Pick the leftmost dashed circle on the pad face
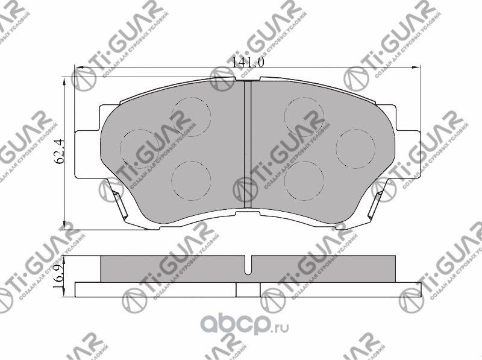click(140, 147)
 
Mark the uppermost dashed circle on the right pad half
click(304, 116)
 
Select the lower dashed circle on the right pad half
click(304, 180)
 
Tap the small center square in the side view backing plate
click(245, 290)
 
